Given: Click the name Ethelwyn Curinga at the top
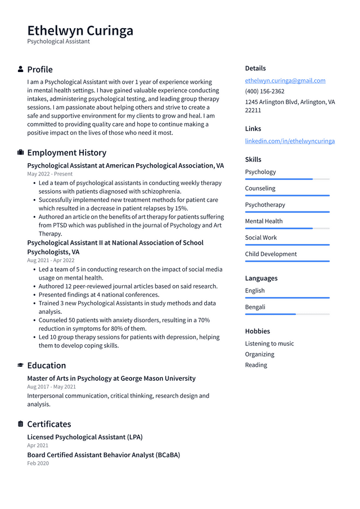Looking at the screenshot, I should (80, 30).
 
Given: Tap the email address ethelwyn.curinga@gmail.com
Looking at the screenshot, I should (285, 80).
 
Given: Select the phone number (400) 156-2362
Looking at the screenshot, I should (264, 91).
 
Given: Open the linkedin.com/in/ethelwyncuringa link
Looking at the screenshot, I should (290, 141).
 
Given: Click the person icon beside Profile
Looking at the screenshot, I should (20, 69).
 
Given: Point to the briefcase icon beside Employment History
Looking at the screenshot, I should (20, 152).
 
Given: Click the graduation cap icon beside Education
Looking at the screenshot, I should (20, 366).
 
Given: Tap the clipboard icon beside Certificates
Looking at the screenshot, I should (20, 424).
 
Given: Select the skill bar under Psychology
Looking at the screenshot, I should (287, 179).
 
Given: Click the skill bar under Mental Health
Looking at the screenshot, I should (287, 228).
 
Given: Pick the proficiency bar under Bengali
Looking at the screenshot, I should (287, 314).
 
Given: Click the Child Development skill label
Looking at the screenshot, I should (271, 254).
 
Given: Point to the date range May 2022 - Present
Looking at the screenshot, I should (49, 174).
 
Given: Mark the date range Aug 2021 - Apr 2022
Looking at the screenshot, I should (51, 260).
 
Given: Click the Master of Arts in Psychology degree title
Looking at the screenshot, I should (111, 379).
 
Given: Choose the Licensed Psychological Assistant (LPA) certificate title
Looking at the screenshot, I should (85, 437).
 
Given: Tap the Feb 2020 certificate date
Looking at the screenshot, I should (38, 463).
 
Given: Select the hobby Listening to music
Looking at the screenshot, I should (269, 344).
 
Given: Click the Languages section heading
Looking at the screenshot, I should (261, 278).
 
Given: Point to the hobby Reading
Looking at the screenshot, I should (256, 365).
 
